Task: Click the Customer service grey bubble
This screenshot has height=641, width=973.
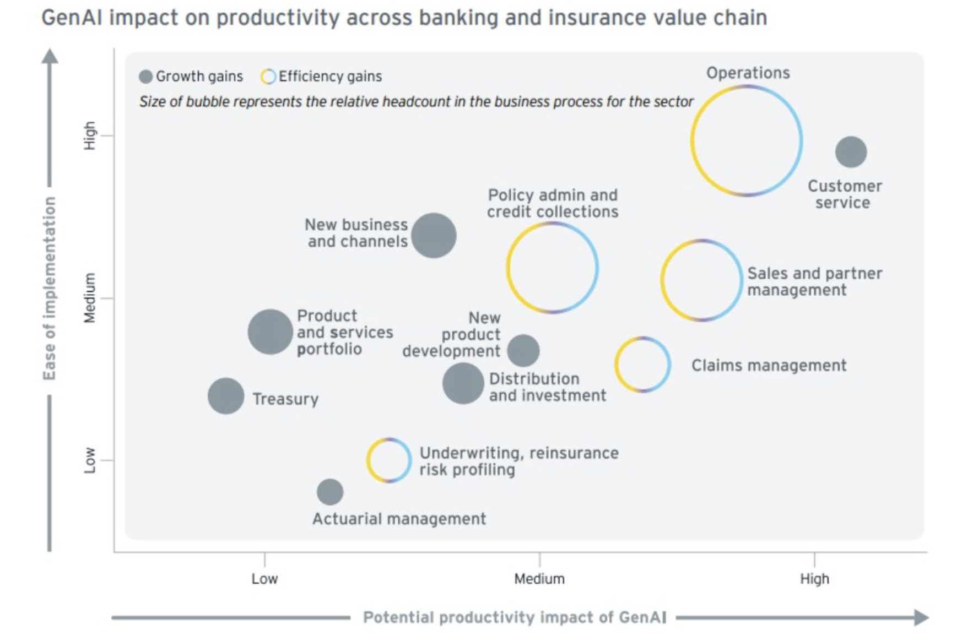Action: (851, 152)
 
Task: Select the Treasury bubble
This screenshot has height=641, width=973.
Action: (226, 396)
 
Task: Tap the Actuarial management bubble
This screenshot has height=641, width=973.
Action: (330, 492)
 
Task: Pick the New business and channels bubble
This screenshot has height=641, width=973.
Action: (434, 236)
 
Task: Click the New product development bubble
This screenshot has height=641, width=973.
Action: (523, 350)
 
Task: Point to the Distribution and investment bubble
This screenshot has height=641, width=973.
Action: (463, 383)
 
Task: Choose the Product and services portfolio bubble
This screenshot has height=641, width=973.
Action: (270, 332)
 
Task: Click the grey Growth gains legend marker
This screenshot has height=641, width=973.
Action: (145, 77)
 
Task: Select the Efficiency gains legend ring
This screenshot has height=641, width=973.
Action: (268, 77)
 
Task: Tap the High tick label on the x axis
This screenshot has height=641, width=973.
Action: (814, 579)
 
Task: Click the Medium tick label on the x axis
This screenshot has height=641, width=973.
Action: (539, 579)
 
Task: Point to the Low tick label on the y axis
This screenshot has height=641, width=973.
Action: (89, 460)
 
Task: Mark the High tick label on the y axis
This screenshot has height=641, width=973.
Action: (89, 135)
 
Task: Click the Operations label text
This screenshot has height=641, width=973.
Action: (748, 73)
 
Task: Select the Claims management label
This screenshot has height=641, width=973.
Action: (769, 365)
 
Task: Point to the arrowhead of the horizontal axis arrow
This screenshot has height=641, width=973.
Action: (921, 617)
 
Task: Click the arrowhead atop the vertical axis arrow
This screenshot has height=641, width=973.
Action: (50, 56)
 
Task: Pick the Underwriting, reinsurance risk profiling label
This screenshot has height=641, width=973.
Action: (518, 461)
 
